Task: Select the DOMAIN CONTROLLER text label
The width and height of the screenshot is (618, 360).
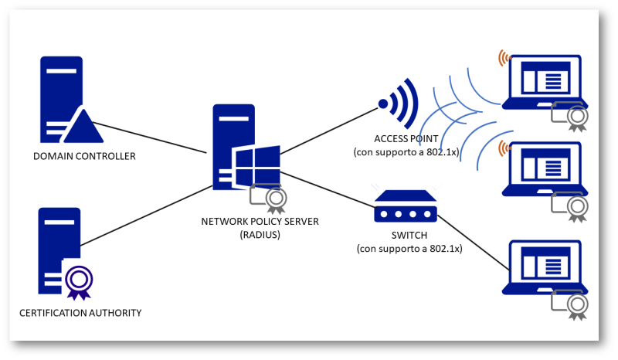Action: pos(84,157)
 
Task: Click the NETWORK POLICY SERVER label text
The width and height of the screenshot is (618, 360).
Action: pos(260,222)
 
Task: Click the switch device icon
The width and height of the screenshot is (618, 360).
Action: pos(406,209)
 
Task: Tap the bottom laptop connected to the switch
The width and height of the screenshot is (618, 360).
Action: pos(545,267)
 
